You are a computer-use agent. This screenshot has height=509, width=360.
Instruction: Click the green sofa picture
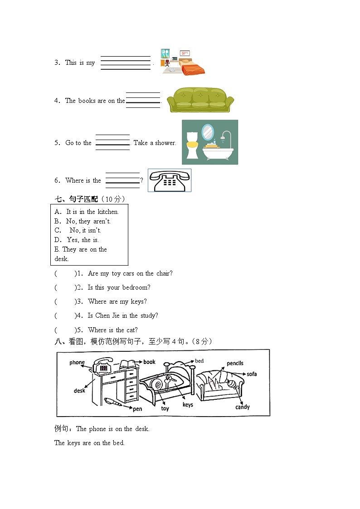pyautogui.click(x=200, y=100)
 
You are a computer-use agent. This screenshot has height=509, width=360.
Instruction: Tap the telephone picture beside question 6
pyautogui.click(x=170, y=180)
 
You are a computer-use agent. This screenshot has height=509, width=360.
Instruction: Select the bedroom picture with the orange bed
pyautogui.click(x=183, y=62)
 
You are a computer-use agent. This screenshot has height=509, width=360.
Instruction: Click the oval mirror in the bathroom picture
pyautogui.click(x=207, y=132)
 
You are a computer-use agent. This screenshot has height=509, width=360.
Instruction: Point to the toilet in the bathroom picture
pyautogui.click(x=193, y=145)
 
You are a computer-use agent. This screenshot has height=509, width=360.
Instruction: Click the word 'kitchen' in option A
pyautogui.click(x=108, y=212)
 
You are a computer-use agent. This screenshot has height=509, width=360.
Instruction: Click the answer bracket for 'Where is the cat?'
pyautogui.click(x=65, y=330)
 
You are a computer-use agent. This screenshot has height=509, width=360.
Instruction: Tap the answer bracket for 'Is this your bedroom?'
pyautogui.click(x=65, y=287)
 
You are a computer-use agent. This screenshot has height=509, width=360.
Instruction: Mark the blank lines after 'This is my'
pyautogui.click(x=125, y=63)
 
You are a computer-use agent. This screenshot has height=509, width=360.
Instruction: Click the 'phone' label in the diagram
pyautogui.click(x=77, y=362)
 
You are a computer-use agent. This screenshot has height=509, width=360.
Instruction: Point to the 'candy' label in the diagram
pyautogui.click(x=243, y=407)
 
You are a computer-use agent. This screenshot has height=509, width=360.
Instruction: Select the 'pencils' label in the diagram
pyautogui.click(x=235, y=363)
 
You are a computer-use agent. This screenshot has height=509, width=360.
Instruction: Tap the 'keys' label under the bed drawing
pyautogui.click(x=188, y=405)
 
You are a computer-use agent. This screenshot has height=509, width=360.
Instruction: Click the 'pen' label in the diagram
pyautogui.click(x=137, y=409)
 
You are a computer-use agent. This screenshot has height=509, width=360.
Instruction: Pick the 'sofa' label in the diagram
pyautogui.click(x=252, y=374)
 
